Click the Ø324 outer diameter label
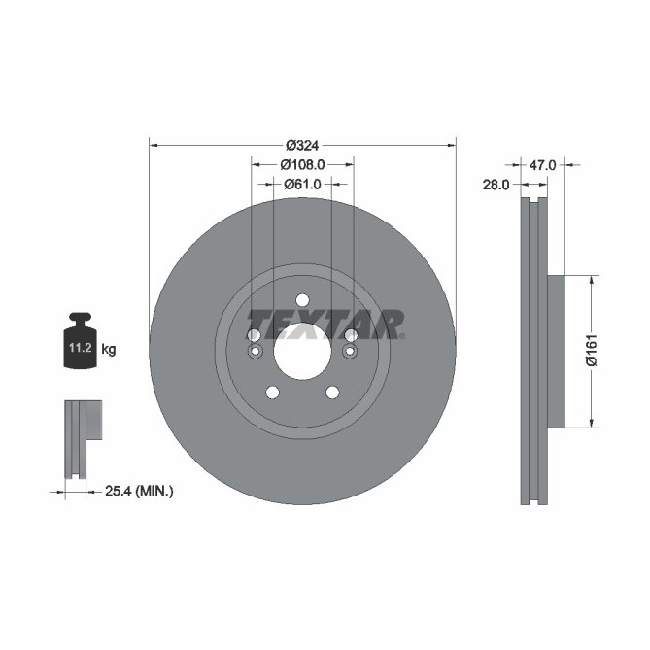302,145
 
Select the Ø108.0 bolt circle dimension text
302,164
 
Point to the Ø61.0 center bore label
302,183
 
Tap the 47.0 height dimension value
542,165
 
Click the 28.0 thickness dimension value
498,184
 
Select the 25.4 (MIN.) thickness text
139,493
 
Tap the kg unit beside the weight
109,349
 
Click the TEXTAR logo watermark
324,324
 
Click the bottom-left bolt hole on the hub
272,392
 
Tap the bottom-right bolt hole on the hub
332,392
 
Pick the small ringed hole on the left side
254,351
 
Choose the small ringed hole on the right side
351,351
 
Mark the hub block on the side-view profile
556,351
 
